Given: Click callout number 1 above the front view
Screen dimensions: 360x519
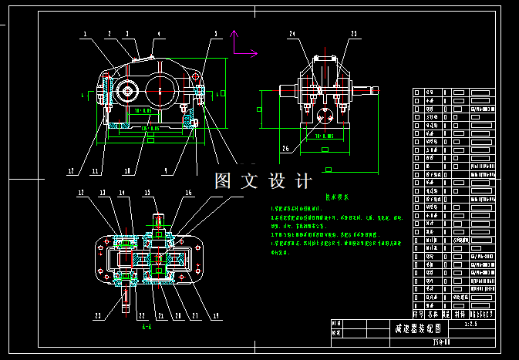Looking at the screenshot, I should [85, 34].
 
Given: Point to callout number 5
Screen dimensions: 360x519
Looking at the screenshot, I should [216, 34].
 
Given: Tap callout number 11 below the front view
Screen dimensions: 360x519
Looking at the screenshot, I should [96, 171].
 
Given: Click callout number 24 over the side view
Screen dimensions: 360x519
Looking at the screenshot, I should [292, 34].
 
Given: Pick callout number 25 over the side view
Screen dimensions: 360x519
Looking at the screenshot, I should [354, 34].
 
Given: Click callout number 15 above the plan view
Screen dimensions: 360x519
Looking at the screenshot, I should [148, 193].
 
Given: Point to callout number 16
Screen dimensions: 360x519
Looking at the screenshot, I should [187, 193].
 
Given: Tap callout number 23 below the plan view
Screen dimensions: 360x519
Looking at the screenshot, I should [98, 315].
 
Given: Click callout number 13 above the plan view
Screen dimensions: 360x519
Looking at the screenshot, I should [102, 193].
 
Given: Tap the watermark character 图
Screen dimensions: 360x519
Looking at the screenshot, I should [223, 181].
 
